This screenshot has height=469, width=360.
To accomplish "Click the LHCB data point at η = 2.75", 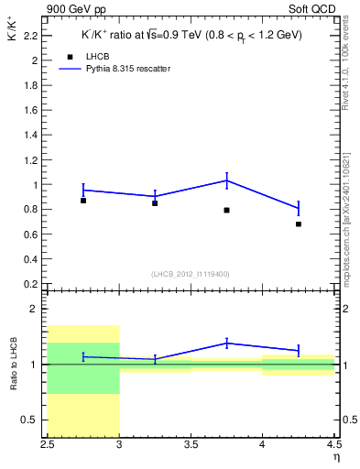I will coord(83,200).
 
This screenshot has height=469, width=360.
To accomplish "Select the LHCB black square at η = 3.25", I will coord(155,202).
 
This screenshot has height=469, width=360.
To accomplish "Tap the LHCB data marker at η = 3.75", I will coord(226,210).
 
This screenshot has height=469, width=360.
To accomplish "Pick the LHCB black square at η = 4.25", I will coord(299,224).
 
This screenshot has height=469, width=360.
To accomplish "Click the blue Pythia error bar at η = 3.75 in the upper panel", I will coord(226,180).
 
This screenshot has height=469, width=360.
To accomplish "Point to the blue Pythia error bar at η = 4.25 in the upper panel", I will coord(299,208).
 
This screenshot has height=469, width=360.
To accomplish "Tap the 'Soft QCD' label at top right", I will coord(313,8).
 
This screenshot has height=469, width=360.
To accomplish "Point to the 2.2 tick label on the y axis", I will coord(30,36).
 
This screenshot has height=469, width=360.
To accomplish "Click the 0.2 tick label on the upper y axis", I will coord(30,284).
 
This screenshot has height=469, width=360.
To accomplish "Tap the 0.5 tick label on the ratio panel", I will coord(30,420).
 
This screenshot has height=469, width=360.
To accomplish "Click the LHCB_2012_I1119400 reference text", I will coord(191,274).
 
